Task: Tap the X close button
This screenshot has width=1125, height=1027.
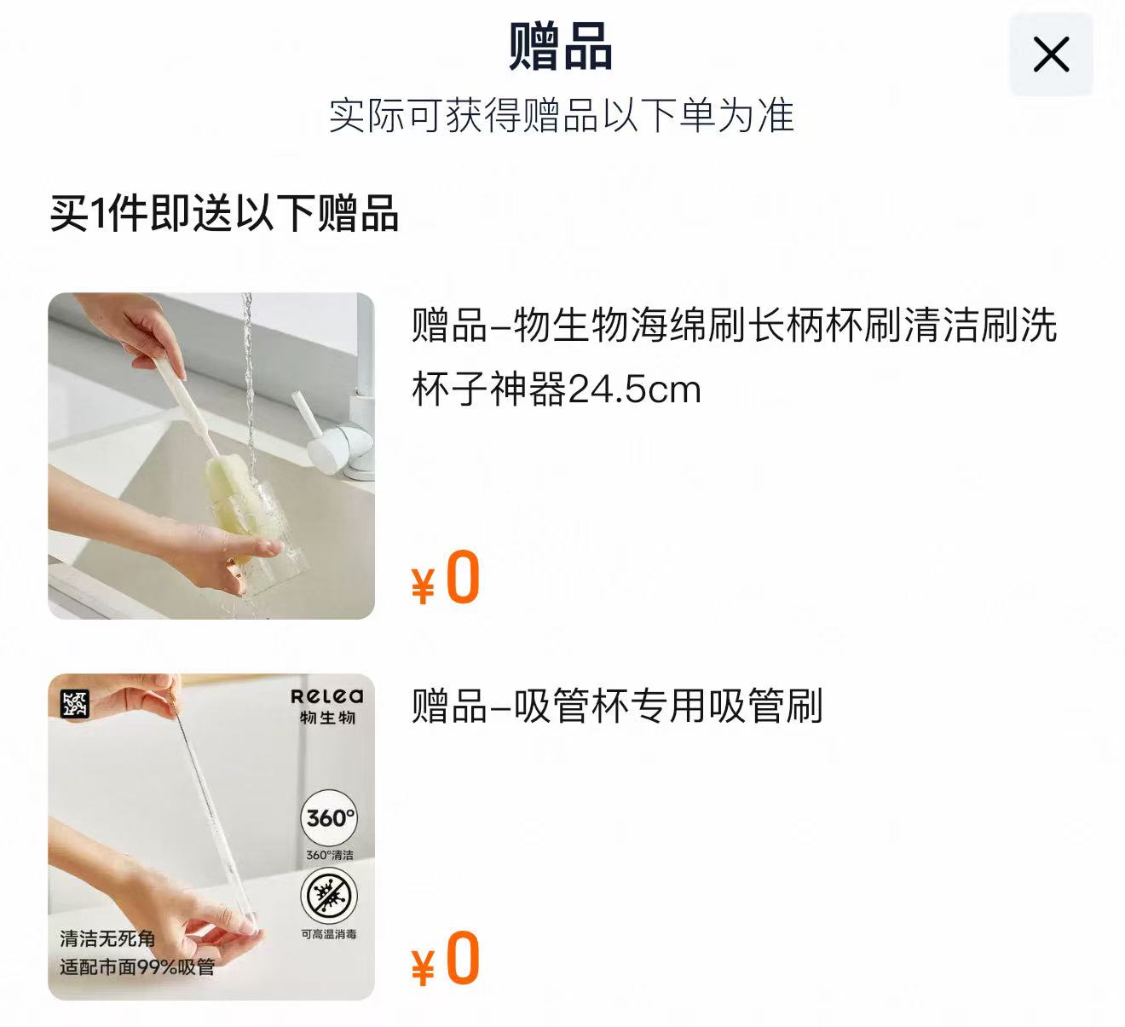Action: tap(1051, 55)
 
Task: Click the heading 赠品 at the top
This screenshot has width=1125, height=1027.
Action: tap(561, 47)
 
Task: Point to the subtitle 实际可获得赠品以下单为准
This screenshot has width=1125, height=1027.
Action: tap(561, 116)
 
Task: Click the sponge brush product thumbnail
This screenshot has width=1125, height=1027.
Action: tap(211, 456)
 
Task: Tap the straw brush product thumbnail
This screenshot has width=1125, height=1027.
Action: tap(211, 837)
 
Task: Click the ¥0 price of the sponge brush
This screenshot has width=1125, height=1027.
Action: tap(447, 580)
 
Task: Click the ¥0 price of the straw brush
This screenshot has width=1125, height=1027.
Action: tap(447, 961)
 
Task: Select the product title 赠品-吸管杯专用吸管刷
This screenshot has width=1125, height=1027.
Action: tap(617, 707)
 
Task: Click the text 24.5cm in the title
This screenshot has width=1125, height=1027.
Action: tap(634, 390)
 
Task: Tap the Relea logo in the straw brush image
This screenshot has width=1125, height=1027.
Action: tap(327, 696)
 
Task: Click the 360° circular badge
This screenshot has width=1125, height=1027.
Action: tap(330, 818)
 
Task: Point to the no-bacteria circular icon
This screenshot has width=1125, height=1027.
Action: tap(329, 897)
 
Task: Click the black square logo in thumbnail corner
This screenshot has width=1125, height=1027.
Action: tap(75, 704)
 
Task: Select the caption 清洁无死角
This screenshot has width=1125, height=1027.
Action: tap(107, 938)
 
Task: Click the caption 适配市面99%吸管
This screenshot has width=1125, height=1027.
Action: tap(137, 967)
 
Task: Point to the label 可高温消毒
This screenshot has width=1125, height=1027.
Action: tap(329, 934)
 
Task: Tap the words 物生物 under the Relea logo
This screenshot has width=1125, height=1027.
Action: tap(327, 718)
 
